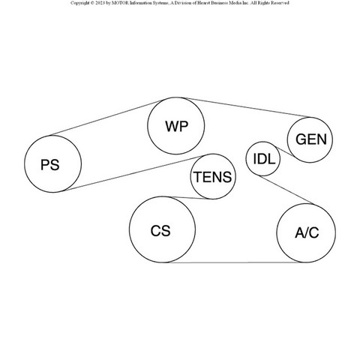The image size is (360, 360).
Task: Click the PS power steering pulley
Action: click(x=52, y=164)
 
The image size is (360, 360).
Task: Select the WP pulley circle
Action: click(x=176, y=126)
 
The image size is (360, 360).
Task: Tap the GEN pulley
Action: click(x=310, y=140)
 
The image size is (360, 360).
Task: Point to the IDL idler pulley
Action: click(x=263, y=159)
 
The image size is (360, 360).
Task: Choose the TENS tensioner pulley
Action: click(x=213, y=176)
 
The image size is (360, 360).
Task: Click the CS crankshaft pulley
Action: click(x=162, y=229)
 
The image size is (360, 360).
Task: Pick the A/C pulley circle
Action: click(x=306, y=233)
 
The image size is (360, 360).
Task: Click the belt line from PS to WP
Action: click(x=107, y=118)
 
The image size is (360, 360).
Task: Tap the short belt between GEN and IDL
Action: click(x=284, y=152)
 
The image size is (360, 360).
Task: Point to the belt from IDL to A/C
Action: click(x=286, y=190)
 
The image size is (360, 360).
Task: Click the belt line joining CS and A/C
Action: click(x=235, y=262)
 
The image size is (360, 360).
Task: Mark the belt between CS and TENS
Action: click(x=189, y=198)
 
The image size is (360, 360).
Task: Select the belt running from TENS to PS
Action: click(x=133, y=173)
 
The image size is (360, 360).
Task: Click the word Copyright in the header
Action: click(x=79, y=3)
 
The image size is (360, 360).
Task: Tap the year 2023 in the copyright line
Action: click(x=100, y=3)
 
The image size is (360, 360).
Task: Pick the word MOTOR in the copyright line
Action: click(x=120, y=3)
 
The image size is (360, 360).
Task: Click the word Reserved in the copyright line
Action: click(x=280, y=3)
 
